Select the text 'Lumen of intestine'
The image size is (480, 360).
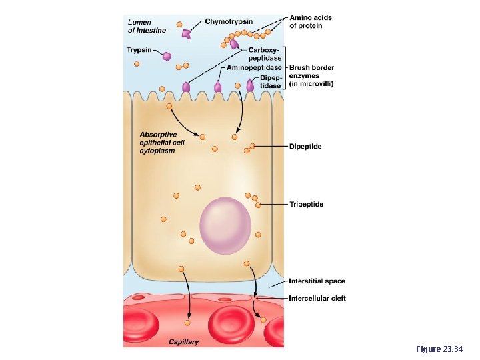coord(147,26)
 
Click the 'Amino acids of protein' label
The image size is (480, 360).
coord(311,21)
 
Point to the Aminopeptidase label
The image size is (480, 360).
coord(255,68)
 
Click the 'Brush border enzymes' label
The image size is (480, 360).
coord(311,75)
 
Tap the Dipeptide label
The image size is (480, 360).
coord(305,146)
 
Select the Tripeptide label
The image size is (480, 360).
coord(307,204)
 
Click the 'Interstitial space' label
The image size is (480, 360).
coord(317,281)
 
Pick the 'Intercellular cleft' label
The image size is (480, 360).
coord(317,298)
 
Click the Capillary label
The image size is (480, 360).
coord(183,342)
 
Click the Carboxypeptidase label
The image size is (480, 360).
coord(265,54)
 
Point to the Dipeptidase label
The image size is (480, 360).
coord(270,81)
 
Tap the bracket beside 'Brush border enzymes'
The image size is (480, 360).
coord(285,67)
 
